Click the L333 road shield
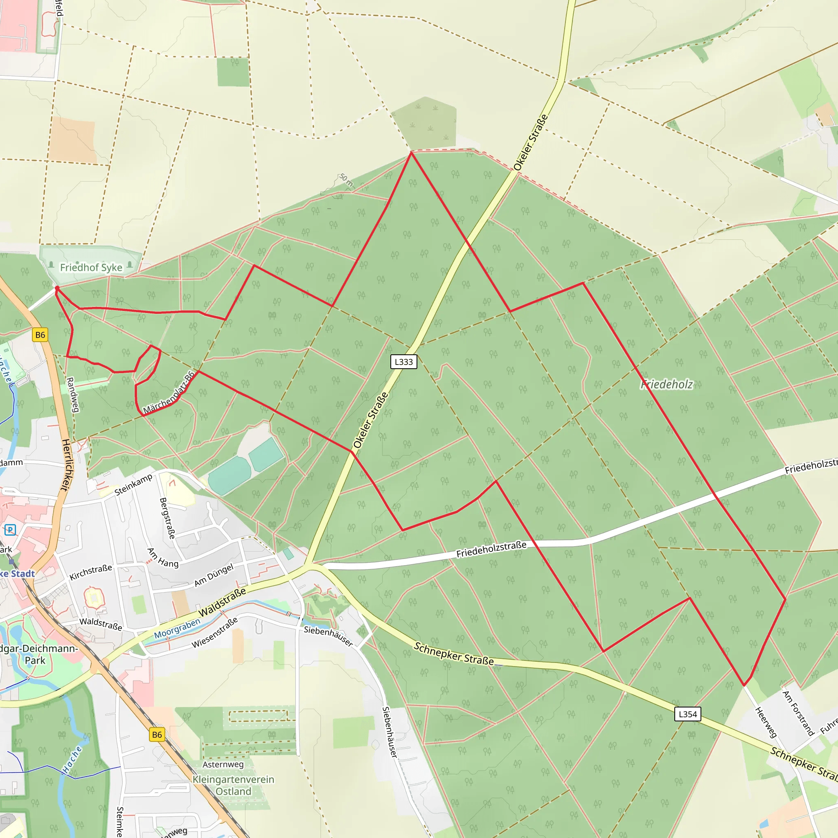(403, 362)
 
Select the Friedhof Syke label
(91, 268)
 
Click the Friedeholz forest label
(667, 384)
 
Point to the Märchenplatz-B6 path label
(169, 393)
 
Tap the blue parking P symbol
(10, 529)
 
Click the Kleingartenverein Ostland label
(233, 785)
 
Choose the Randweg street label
(72, 395)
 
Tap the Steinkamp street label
(133, 484)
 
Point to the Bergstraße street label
(167, 518)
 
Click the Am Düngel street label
(214, 575)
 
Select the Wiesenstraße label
(215, 633)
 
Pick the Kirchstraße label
(91, 572)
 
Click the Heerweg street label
(766, 722)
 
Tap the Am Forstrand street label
(798, 713)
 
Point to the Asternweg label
(223, 765)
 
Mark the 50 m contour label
(346, 180)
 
